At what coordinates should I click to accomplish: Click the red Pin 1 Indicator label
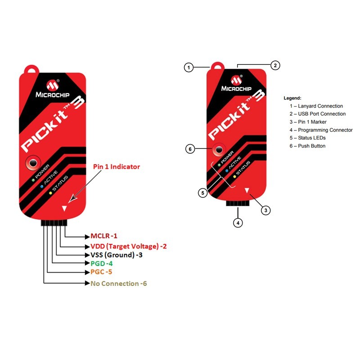(117, 166)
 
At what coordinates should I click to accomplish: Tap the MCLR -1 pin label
(103, 236)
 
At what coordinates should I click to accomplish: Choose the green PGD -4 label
(101, 263)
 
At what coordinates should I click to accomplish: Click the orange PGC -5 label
(101, 272)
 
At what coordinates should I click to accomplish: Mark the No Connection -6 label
(119, 283)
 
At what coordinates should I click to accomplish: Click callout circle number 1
(189, 67)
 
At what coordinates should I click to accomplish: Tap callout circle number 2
(276, 65)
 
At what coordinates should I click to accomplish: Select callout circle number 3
(266, 210)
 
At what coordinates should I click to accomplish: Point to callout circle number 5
(203, 193)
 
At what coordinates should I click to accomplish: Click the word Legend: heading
(292, 98)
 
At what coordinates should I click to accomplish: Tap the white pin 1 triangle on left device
(65, 208)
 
